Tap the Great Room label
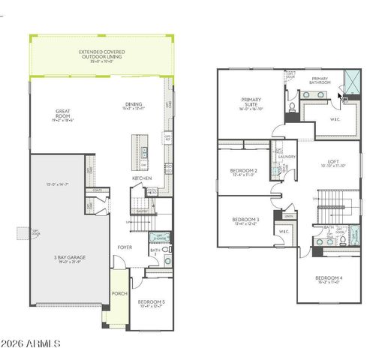[x=63, y=114]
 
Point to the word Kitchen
[x=143, y=178]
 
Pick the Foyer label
[x=125, y=247]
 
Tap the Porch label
[x=118, y=293]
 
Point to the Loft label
[x=333, y=162]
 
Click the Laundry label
[x=287, y=157]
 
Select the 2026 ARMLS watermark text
[x=31, y=343]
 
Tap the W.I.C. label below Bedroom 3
[x=284, y=231]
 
